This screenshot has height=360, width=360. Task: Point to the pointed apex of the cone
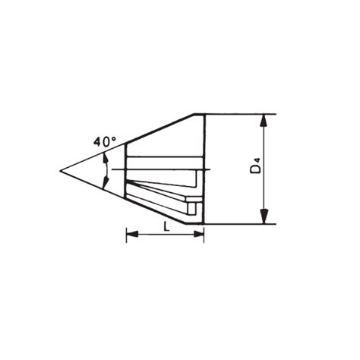[x=61, y=172]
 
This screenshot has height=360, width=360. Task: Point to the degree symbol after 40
[x=115, y=137]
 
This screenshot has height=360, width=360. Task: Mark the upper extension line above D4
[x=243, y=115]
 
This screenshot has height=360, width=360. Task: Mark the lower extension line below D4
[x=243, y=225]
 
